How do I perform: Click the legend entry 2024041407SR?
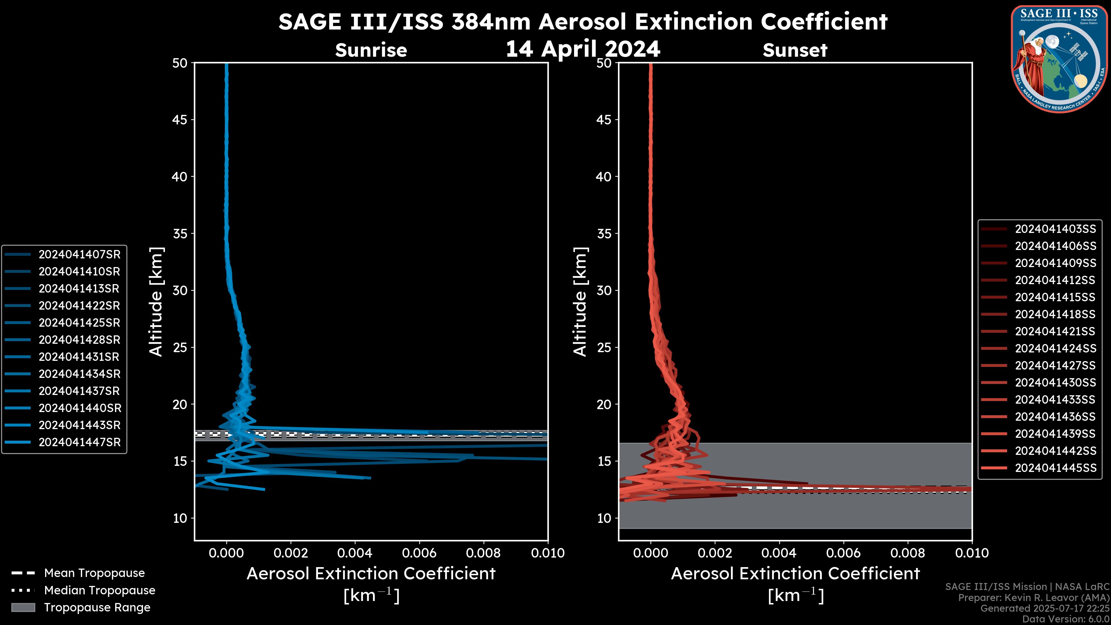click(79, 255)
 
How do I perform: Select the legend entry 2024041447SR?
click(79, 442)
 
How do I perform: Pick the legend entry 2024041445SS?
click(1055, 468)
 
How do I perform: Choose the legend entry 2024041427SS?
click(1055, 366)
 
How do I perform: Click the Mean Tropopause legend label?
click(94, 573)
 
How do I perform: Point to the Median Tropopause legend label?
click(99, 590)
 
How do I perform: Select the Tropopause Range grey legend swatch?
click(23, 607)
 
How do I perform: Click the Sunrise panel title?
click(371, 50)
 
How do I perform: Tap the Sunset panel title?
click(794, 50)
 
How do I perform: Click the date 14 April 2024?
click(583, 49)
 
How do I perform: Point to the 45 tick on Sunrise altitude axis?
click(180, 120)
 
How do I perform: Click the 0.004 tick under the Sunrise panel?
click(355, 553)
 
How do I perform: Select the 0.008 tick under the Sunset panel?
click(908, 553)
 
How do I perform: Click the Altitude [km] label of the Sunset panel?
click(580, 302)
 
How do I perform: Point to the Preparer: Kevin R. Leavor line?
click(1033, 598)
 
